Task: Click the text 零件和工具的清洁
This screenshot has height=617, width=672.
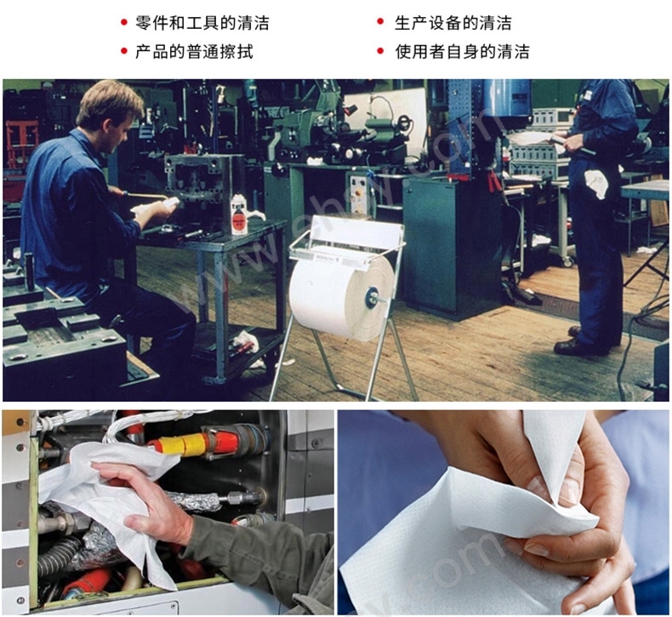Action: click(202, 23)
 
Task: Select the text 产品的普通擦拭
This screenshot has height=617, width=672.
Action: click(194, 51)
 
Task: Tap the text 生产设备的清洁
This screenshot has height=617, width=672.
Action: click(453, 23)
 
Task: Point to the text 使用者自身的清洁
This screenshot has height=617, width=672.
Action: click(462, 51)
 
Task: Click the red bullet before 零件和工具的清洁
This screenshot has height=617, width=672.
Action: click(124, 22)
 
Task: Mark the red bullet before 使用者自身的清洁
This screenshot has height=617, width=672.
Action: click(380, 51)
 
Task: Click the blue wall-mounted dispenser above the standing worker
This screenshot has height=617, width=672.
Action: click(508, 97)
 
